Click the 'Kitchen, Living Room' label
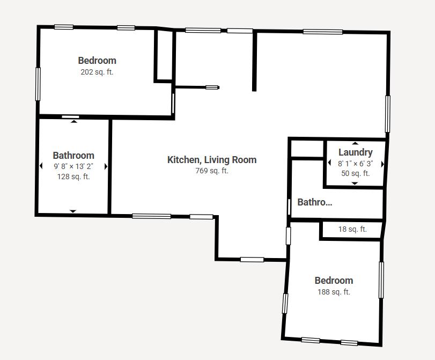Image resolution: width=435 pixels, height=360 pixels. tap(212, 159)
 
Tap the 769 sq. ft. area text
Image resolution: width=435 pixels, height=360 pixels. tap(212, 171)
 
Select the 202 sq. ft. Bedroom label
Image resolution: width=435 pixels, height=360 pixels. tap(97, 61)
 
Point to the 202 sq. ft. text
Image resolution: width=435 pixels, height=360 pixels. tap(97, 72)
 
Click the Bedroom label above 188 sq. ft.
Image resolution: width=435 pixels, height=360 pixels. tap(334, 280)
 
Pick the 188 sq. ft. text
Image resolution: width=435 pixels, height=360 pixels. tap(334, 292)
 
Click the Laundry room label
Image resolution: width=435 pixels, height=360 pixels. tap(355, 152)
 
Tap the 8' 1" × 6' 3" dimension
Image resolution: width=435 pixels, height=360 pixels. tap(355, 163)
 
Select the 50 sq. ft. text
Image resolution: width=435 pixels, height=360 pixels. tap(355, 173)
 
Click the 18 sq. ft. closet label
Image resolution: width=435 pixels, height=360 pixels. tap(352, 229)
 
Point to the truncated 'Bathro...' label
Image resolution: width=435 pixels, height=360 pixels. tap(315, 202)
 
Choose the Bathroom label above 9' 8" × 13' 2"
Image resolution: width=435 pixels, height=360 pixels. tap(73, 156)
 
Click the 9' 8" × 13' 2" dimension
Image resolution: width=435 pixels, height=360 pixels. tap(73, 166)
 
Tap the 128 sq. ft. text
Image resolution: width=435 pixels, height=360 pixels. tap(73, 177)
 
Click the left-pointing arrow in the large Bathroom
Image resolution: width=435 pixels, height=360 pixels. tap(41, 166)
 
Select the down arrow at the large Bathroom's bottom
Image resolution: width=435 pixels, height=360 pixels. tap(73, 211)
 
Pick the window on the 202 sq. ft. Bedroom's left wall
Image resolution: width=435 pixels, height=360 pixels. tap(38, 83)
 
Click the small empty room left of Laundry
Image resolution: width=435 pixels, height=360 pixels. tap(306, 148)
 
